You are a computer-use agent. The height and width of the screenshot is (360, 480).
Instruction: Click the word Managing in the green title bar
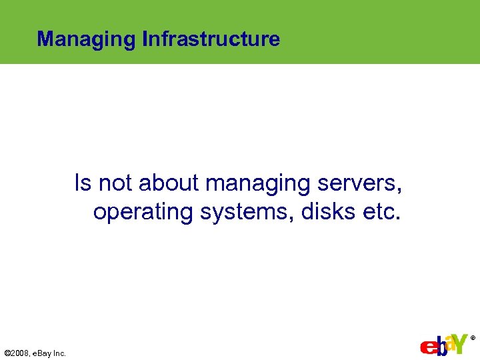[x=87, y=39]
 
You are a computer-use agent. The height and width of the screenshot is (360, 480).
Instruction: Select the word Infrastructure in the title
[x=211, y=39]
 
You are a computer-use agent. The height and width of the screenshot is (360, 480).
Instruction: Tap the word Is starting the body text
[x=83, y=183]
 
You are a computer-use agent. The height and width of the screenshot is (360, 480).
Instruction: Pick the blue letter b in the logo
[x=439, y=345]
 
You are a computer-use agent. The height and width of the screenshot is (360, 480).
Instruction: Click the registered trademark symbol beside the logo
[x=473, y=338]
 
